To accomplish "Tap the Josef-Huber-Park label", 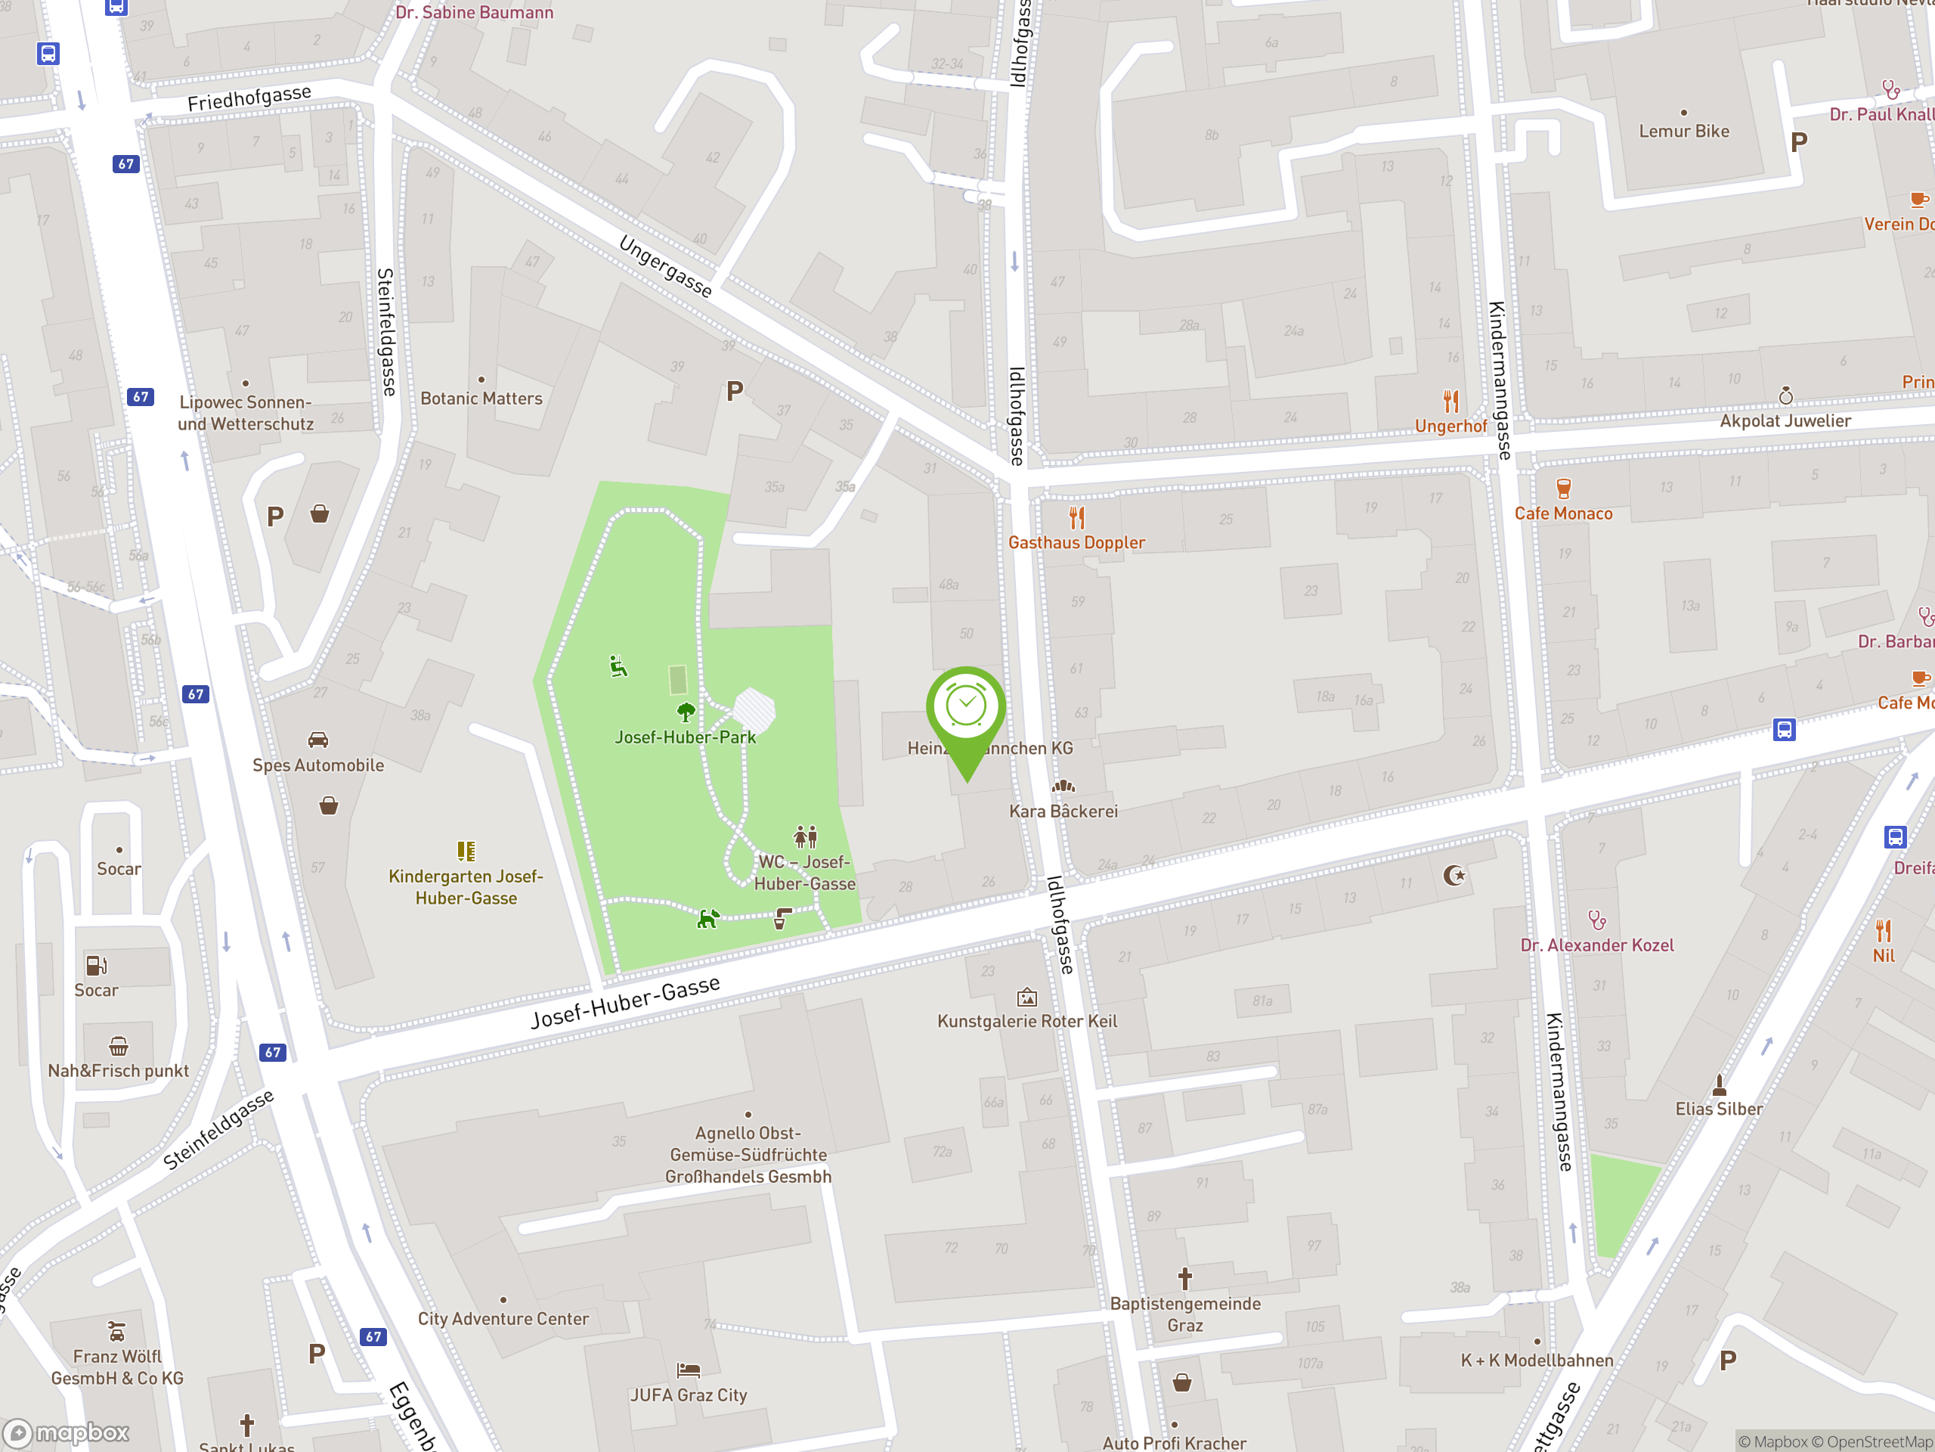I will pos(685,737).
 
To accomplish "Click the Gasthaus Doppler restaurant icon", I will pos(1077,518).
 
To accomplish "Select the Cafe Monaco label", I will pos(1563,513).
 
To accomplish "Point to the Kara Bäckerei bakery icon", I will pos(1063,786).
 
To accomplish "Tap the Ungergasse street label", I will pos(666,266).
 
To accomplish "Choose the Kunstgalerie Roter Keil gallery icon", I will pos(1027,997).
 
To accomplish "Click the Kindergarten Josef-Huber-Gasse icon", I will pos(466,851).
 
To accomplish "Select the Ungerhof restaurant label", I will pos(1450,427).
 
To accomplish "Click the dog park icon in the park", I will pos(707,919).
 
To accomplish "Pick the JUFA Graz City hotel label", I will pos(689,1395).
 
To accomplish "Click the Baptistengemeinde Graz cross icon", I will pos(1184,1279).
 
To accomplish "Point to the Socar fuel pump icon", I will pos(96,966).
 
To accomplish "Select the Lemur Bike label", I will pos(1684,132).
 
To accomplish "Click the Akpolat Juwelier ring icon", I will pos(1785,396).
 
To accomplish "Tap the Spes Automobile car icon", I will pos(318,740).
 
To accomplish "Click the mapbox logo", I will pos(67,1433).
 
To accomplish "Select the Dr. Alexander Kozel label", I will pos(1596,945).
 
